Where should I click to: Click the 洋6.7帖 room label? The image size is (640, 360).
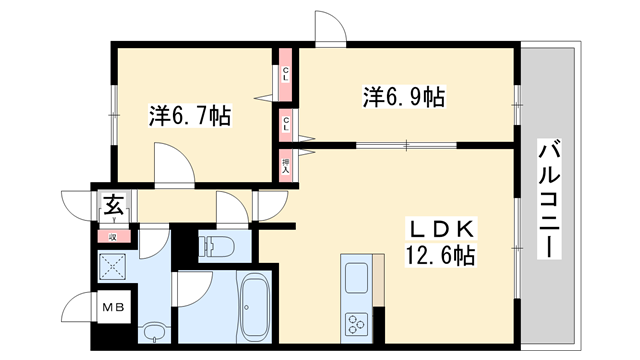click(x=190, y=116)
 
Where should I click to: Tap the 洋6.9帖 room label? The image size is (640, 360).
click(x=403, y=97)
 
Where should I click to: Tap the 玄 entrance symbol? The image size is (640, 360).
click(x=113, y=208)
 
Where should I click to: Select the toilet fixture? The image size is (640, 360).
click(x=216, y=245)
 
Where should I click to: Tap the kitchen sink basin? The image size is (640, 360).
click(x=357, y=275)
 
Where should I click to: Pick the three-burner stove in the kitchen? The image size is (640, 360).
click(x=357, y=322)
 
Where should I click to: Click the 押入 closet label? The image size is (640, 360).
click(x=286, y=165)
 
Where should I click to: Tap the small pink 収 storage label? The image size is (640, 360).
click(x=113, y=236)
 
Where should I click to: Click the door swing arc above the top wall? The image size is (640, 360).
click(x=329, y=27)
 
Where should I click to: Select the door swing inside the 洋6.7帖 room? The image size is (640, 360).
click(x=168, y=162)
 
